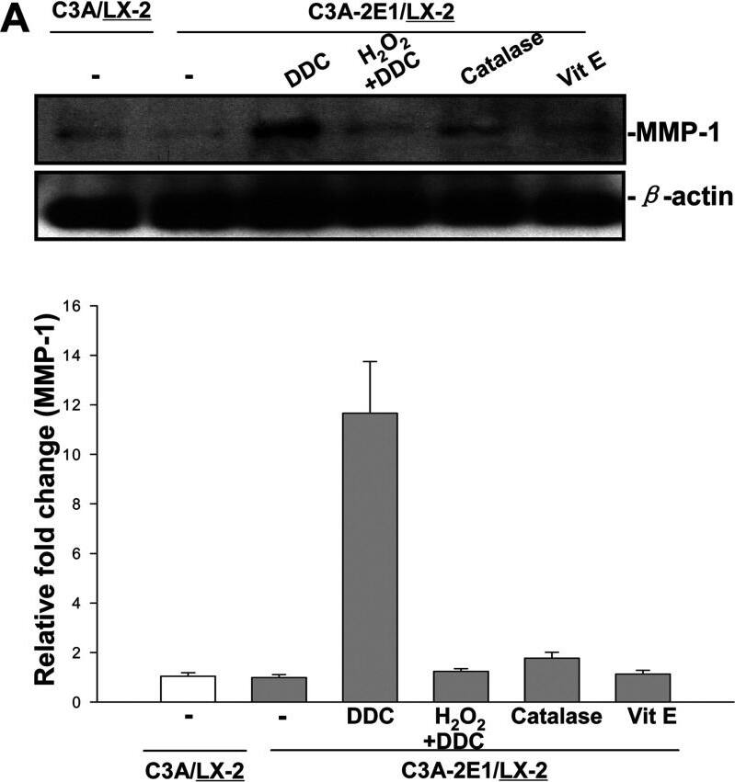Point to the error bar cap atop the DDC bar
369,362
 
